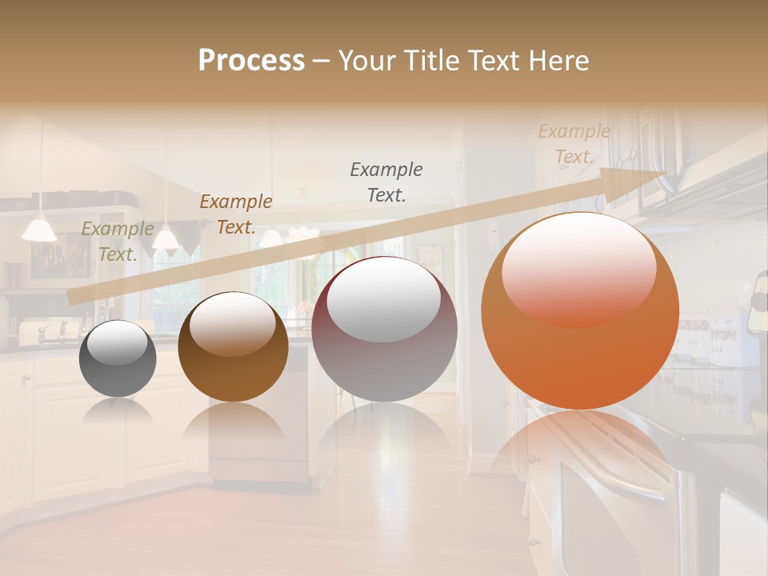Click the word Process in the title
tap(251, 61)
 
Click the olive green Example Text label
tap(118, 242)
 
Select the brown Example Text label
tap(236, 214)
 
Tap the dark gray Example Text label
tap(386, 182)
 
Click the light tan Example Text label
tap(574, 144)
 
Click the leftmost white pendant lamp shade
tap(39, 230)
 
